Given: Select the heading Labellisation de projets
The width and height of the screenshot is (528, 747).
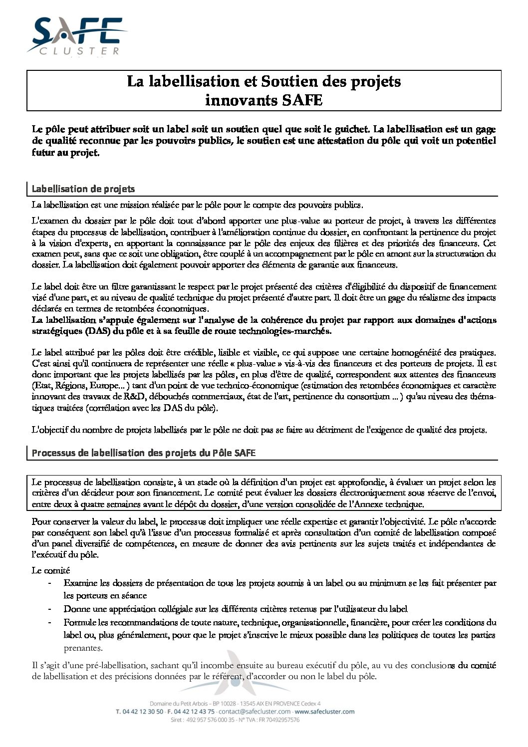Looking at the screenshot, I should coord(83,189).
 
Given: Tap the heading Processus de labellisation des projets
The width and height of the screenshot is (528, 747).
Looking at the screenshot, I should coord(144,453).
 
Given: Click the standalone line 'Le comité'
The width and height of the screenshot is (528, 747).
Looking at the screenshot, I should coord(51,570).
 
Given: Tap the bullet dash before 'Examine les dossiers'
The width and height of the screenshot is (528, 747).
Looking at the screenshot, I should coord(49,583).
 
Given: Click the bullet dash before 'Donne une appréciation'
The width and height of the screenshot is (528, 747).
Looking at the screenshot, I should coord(49,609).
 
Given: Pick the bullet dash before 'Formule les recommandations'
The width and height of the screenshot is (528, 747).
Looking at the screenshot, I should coord(49,622).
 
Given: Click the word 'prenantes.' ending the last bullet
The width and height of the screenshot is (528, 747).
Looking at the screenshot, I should coord(83,648).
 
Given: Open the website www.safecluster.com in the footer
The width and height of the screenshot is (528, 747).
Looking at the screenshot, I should coord(324,711).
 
